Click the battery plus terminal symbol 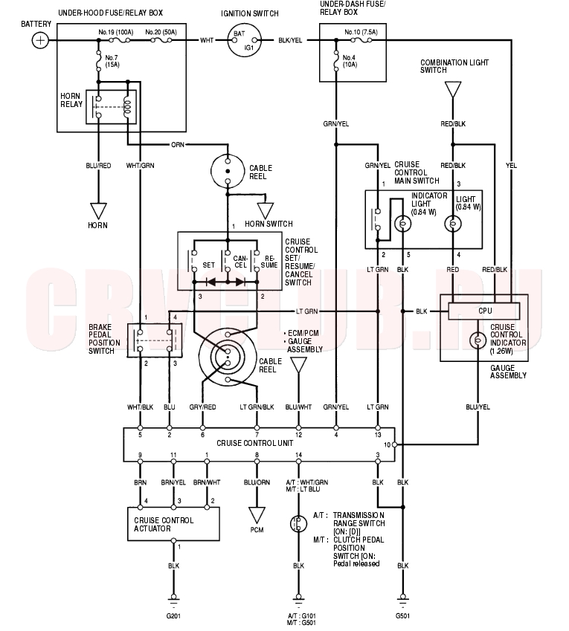(40, 40)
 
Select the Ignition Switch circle (245, 40)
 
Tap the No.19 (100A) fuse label (116, 32)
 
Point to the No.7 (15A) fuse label (112, 61)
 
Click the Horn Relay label (71, 100)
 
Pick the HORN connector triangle (98, 211)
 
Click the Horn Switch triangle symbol (266, 210)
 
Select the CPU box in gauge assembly (484, 311)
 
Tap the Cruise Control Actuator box (173, 524)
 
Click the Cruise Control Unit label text (255, 443)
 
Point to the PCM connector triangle (257, 515)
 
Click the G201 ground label (173, 615)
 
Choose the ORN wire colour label (178, 144)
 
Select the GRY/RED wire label (202, 407)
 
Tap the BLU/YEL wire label (478, 407)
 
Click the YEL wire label (511, 166)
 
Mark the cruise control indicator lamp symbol (478, 340)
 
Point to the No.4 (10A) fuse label (350, 61)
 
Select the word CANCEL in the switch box (240, 262)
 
